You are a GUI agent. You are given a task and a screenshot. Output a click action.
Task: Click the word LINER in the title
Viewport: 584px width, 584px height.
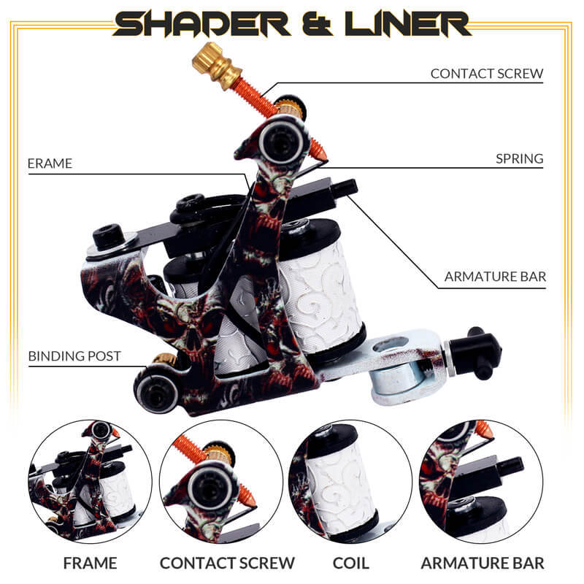click(x=405, y=23)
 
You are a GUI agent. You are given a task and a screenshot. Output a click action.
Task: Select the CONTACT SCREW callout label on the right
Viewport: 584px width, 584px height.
click(x=487, y=74)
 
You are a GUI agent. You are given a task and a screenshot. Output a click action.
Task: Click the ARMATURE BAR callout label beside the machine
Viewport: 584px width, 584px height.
click(x=495, y=277)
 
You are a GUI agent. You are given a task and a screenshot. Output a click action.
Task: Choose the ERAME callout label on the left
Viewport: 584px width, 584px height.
click(x=50, y=164)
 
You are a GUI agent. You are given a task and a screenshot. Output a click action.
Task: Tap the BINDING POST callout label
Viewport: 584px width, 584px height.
click(x=74, y=357)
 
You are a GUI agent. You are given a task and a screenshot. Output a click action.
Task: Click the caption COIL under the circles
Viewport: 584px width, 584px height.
click(x=350, y=563)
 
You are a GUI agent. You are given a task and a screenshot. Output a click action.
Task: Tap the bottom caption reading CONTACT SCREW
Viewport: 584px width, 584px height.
click(x=227, y=563)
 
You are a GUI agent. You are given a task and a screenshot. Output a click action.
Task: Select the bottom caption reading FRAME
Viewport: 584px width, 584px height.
click(x=90, y=563)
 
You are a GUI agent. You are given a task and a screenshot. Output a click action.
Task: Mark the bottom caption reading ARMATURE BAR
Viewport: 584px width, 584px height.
click(x=482, y=563)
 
